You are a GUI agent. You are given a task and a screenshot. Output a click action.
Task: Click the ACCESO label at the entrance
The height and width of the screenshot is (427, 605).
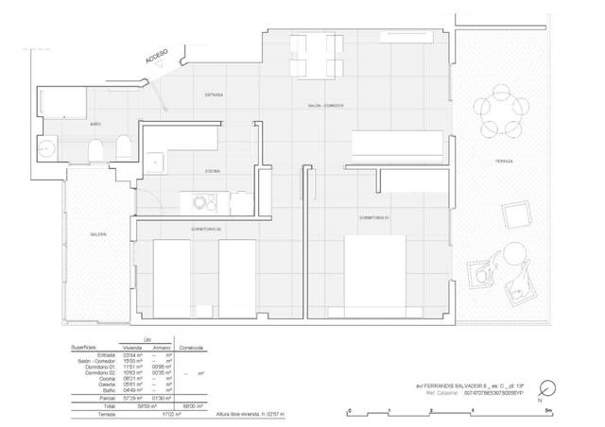point(157,59)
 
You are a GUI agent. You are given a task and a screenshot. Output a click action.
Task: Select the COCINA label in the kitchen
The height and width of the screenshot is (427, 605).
point(213,172)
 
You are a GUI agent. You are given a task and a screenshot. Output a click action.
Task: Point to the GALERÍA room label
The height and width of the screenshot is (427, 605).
point(98,233)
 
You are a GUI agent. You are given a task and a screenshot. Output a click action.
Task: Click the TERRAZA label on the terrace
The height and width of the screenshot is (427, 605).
point(503,162)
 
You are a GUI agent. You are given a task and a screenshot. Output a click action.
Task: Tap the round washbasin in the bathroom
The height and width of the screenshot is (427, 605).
point(47,147)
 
